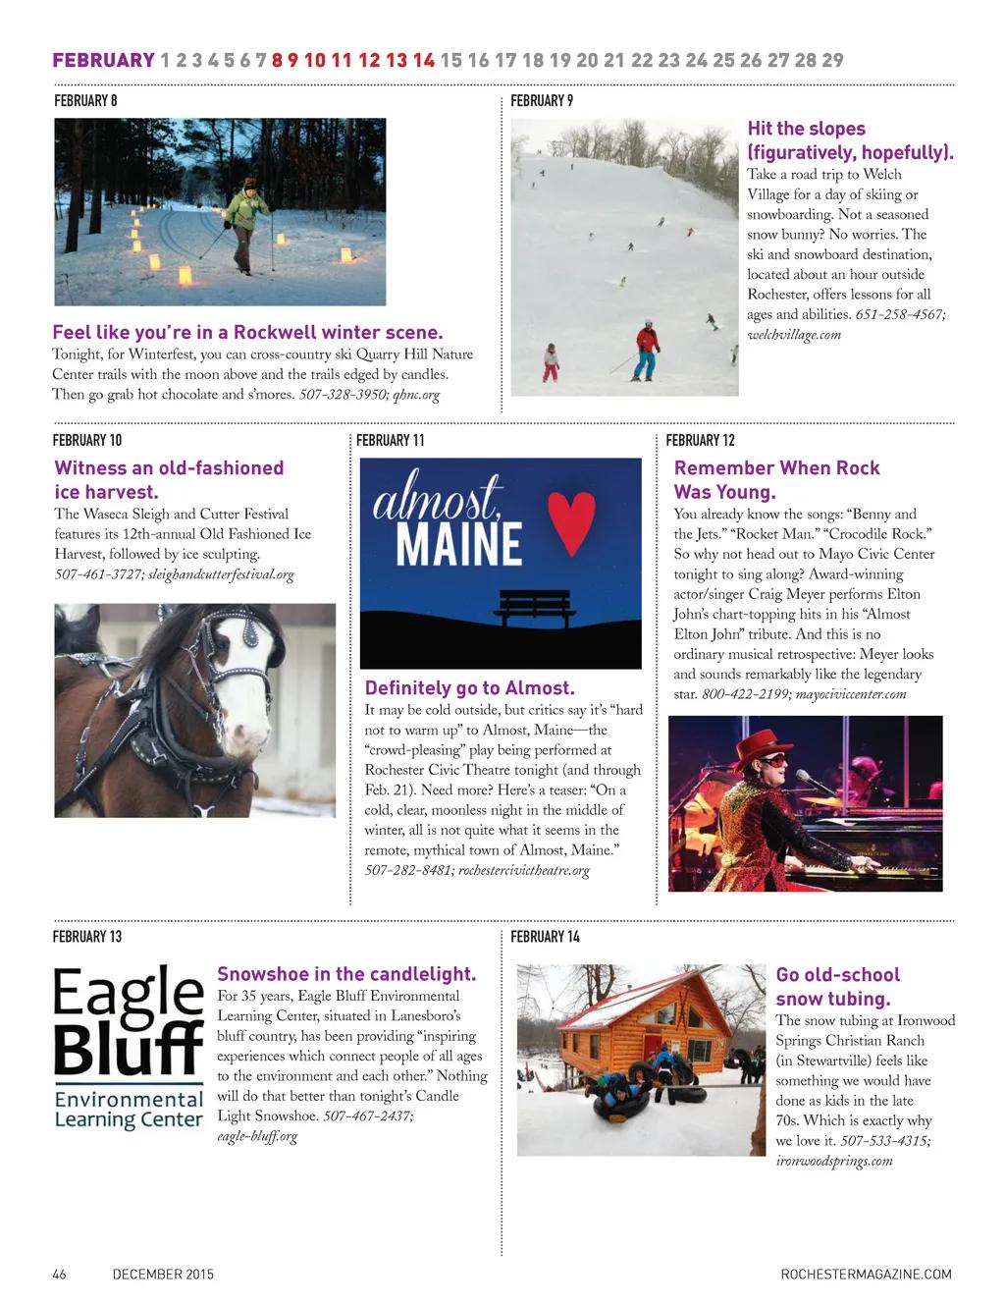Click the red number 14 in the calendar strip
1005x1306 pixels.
point(424,60)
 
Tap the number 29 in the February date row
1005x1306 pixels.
point(832,60)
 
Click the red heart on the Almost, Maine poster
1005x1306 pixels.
point(571,520)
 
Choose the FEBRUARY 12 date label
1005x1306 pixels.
point(700,440)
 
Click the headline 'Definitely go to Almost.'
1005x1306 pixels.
point(469,688)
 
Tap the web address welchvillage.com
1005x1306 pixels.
point(794,335)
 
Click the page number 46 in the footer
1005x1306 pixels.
point(59,1275)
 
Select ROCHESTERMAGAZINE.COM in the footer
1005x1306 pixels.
point(866,1275)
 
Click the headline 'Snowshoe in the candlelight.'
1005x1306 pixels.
point(345,974)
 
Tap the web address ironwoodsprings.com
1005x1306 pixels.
point(834,1161)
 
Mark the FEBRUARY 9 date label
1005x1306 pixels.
point(542,100)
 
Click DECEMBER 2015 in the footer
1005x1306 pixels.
point(163,1275)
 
